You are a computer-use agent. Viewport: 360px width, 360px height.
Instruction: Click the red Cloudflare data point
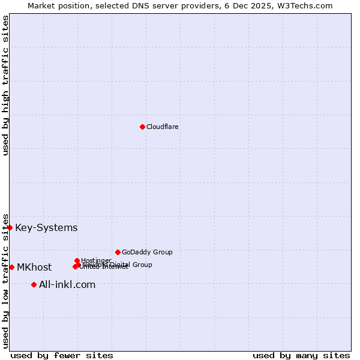142,127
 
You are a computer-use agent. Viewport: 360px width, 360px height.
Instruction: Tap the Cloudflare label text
163,127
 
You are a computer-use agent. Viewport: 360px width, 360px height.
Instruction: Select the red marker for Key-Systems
10,227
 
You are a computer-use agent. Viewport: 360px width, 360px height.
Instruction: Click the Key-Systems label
46,227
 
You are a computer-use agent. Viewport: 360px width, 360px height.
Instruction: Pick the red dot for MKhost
11,267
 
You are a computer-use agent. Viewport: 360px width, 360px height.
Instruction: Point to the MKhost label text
34,267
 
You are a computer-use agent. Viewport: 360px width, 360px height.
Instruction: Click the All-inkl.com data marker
34,284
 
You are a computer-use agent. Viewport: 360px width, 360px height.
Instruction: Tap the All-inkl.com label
67,284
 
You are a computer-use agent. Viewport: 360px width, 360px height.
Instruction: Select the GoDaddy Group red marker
118,252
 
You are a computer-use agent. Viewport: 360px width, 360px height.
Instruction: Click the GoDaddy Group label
147,252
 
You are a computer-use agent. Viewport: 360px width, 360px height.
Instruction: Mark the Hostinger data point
77,260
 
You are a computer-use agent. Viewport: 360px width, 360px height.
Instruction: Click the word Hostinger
96,260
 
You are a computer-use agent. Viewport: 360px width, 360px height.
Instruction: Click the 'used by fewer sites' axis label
62,355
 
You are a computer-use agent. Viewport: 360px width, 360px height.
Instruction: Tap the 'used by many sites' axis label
301,355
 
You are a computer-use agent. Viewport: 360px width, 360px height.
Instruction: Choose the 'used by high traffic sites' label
5,85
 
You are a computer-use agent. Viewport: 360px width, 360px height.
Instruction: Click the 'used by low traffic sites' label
5,280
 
